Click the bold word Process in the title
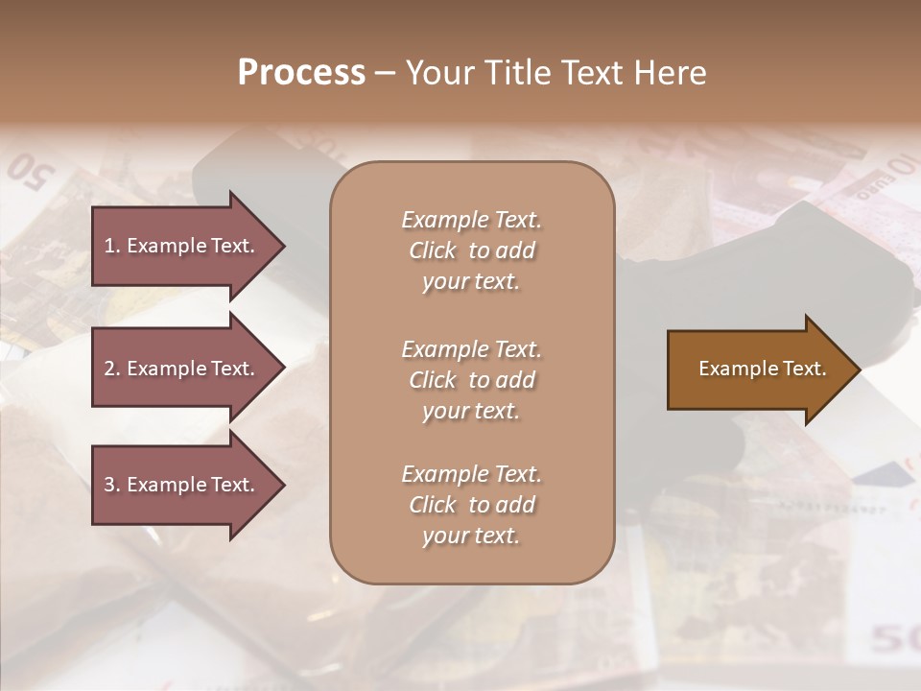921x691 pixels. (x=301, y=73)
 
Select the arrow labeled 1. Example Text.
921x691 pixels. (x=182, y=246)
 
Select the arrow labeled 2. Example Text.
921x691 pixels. (x=182, y=369)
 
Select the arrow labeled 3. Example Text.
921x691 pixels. (x=182, y=485)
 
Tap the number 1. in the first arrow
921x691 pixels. (x=112, y=246)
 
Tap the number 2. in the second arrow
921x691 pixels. (x=112, y=369)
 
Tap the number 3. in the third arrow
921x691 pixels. (x=112, y=485)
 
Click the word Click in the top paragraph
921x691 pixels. (x=433, y=250)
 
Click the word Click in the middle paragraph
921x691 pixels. (x=433, y=380)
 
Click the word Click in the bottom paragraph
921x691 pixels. (x=433, y=505)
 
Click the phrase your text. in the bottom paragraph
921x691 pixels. (x=470, y=536)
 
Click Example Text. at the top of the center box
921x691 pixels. (x=471, y=220)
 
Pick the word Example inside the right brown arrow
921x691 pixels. (x=730, y=369)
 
